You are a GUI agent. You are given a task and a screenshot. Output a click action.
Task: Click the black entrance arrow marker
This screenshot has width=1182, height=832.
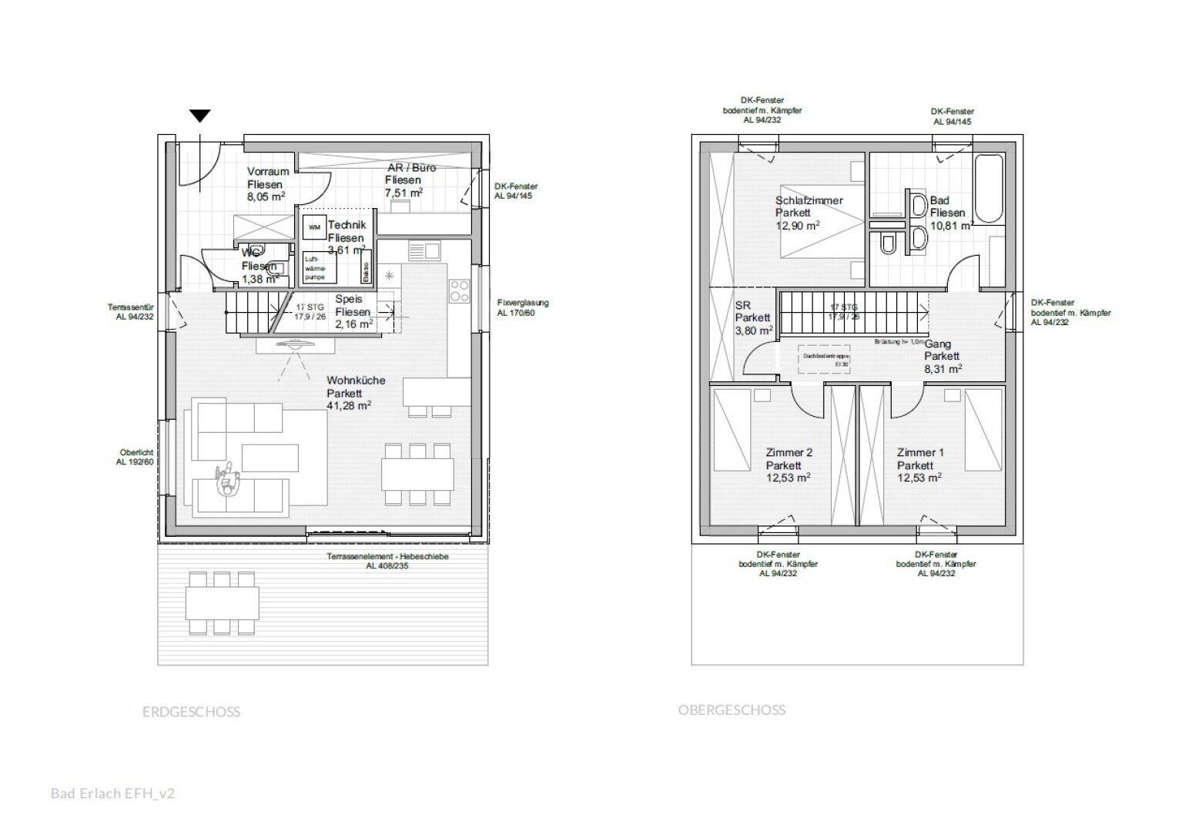(x=200, y=116)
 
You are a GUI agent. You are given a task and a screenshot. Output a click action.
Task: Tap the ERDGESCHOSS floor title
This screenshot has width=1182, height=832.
(x=191, y=712)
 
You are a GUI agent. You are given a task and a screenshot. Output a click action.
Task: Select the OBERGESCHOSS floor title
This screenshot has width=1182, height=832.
(x=732, y=710)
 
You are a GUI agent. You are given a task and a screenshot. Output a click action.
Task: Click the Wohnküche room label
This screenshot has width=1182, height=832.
(x=356, y=381)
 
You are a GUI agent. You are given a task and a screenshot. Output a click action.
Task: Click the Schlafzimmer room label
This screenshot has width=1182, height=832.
(x=809, y=200)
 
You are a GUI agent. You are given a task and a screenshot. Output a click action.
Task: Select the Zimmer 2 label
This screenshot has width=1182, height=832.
(x=789, y=453)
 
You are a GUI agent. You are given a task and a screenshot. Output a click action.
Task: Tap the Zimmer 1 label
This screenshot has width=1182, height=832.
(x=919, y=453)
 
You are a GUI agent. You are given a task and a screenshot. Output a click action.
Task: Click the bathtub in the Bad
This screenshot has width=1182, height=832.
(x=989, y=188)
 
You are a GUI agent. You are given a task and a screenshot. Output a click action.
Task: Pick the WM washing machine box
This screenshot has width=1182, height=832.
(x=314, y=228)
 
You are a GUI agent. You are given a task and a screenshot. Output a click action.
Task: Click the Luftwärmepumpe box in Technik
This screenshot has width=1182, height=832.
(x=316, y=267)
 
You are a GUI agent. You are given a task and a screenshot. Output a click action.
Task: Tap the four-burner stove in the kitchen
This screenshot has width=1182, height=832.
(x=460, y=290)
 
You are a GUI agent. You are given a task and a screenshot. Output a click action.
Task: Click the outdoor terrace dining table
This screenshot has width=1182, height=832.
(x=221, y=602)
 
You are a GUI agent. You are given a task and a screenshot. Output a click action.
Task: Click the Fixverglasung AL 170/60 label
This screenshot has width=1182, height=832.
(x=523, y=308)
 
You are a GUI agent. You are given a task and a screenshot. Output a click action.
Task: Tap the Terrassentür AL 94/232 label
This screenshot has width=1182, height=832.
(x=131, y=312)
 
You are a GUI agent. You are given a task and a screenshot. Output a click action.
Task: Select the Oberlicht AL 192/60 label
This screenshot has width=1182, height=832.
(x=136, y=458)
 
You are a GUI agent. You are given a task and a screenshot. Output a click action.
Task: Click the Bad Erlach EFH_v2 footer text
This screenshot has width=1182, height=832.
(x=112, y=793)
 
